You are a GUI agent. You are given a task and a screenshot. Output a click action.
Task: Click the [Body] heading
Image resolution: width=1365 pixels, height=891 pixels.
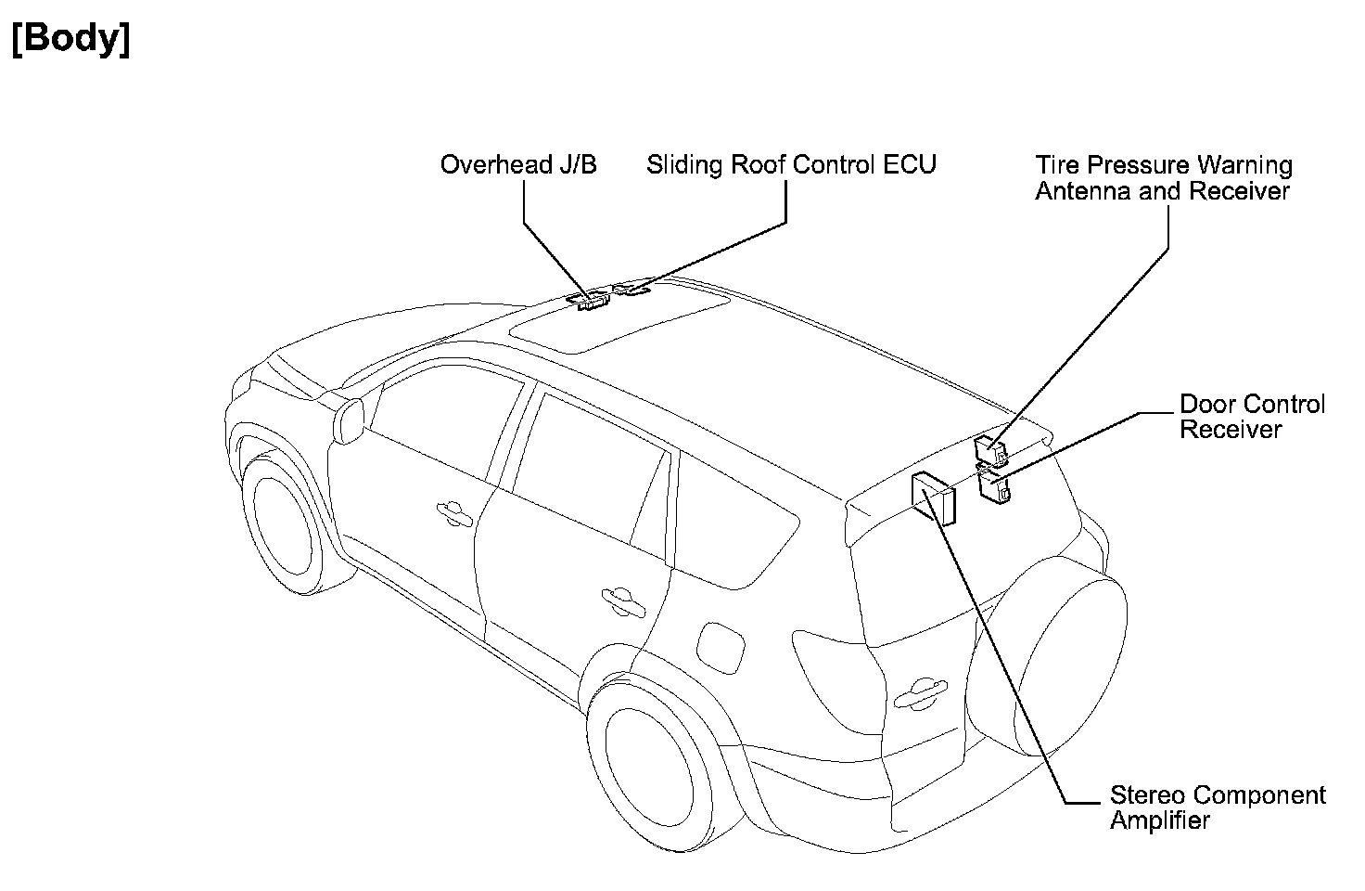70,39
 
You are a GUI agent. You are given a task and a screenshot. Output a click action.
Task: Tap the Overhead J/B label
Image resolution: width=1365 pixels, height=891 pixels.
518,165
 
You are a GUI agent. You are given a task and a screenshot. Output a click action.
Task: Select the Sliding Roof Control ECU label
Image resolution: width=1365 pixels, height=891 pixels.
791,165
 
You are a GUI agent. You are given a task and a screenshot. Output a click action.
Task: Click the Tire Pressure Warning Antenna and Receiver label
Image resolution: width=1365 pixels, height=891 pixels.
1163,178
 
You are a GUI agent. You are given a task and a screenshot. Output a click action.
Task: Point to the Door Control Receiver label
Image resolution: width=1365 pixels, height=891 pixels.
1252,417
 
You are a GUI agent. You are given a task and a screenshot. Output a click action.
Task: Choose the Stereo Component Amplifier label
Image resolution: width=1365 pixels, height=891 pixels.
1218,807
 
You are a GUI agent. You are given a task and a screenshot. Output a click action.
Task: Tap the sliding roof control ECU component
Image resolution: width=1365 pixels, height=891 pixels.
633,291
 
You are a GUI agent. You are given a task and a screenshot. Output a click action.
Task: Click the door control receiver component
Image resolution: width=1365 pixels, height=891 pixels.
995,488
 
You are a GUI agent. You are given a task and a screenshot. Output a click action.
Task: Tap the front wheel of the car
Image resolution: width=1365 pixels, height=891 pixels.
278,523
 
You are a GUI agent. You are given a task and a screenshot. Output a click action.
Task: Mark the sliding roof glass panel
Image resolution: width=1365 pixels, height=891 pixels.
621,324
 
